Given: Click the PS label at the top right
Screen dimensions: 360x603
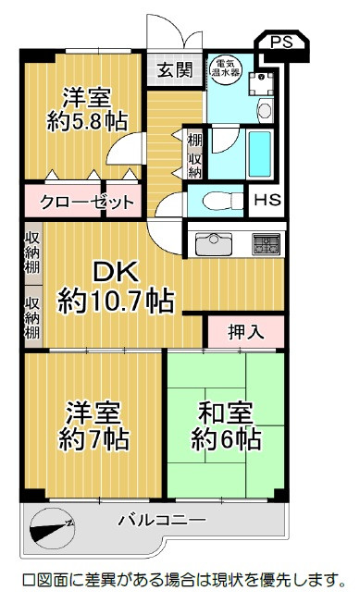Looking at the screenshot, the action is (x=281, y=42).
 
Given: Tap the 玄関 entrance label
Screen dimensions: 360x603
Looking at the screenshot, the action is (x=174, y=70).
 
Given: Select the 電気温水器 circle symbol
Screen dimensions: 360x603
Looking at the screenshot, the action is (x=226, y=68).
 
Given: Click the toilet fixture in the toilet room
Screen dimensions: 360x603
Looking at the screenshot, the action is (x=223, y=201).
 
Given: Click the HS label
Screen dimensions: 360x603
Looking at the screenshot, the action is (x=267, y=200).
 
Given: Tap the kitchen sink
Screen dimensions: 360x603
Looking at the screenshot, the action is (x=214, y=244).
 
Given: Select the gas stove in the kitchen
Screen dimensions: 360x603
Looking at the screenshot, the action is (x=266, y=244).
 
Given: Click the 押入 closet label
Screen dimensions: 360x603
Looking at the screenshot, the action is (x=245, y=332).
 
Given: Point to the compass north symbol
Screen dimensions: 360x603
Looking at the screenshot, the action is (x=52, y=528).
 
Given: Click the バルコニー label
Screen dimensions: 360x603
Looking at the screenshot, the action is (x=162, y=521).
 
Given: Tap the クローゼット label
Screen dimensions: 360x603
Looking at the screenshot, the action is (x=87, y=202).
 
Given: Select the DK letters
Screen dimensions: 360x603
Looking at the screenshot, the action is (x=116, y=272).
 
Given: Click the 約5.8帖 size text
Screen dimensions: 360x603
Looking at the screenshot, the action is (x=87, y=122).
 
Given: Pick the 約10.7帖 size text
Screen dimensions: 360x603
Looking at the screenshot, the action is (x=116, y=301).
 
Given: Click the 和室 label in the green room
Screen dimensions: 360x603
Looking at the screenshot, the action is (x=226, y=412).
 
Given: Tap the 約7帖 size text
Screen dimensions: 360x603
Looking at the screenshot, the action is (x=93, y=439).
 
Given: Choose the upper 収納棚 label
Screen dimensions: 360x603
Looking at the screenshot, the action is (x=33, y=253).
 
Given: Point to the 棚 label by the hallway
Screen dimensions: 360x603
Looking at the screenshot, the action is (x=194, y=139).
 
